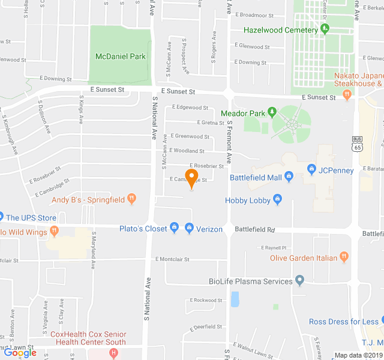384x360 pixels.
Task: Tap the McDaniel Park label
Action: point(120,56)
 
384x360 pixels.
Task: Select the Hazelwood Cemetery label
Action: point(281,30)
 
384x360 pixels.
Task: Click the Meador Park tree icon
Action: point(271,112)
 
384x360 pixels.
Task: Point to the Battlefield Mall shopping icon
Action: point(289,177)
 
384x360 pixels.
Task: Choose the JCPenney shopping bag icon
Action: point(311,170)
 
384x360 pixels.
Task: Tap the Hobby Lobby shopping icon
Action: point(277,200)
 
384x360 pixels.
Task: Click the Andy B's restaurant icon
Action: point(132,199)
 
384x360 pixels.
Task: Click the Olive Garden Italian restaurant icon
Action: point(344,257)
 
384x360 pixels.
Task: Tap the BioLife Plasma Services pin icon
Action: point(300,281)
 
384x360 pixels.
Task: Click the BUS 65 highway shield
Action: point(358,144)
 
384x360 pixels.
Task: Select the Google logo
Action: point(20,353)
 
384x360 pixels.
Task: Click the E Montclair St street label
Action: point(172,259)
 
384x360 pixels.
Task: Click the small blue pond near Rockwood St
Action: point(235,299)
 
